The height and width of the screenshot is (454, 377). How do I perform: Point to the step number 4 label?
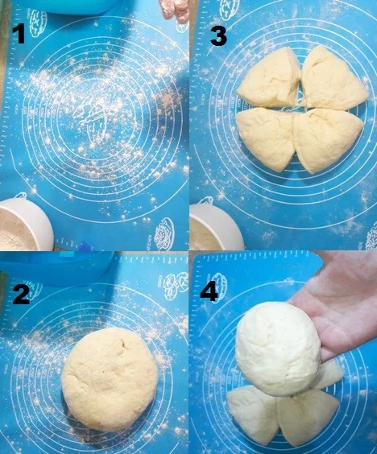tap(209, 291)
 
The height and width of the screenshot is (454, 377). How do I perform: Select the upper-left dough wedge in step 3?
tap(270, 80)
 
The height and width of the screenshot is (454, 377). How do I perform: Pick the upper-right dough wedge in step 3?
tap(333, 80)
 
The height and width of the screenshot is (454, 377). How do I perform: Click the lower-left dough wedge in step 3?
tap(265, 137)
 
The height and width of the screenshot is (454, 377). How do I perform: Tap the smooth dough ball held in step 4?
tap(278, 348)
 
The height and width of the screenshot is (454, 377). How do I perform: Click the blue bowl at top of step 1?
tap(72, 6)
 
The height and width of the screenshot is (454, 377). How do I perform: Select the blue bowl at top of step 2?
tap(48, 266)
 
